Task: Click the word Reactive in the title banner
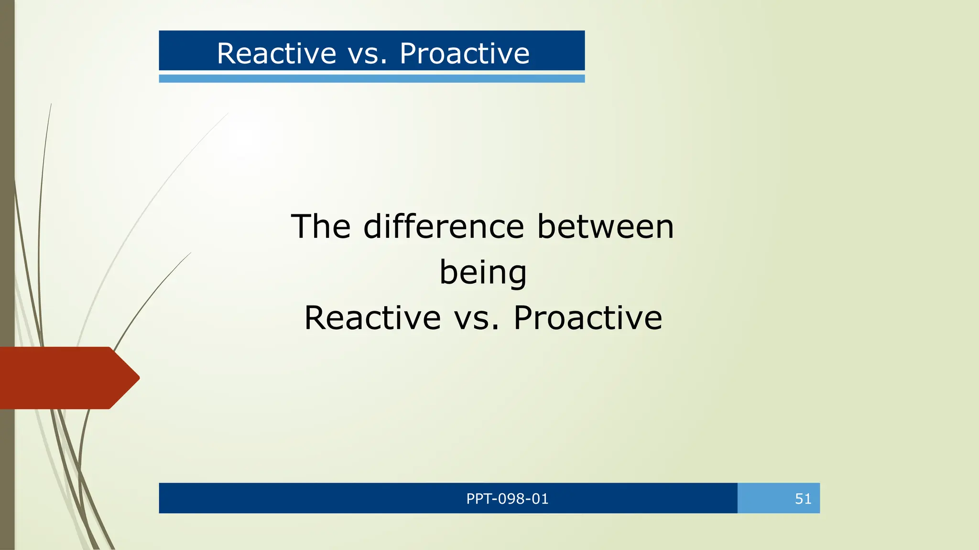pyautogui.click(x=277, y=53)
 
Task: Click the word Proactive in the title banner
pyautogui.click(x=465, y=53)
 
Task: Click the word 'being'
pyautogui.click(x=483, y=273)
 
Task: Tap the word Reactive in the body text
pyautogui.click(x=372, y=318)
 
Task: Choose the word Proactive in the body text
pyautogui.click(x=588, y=318)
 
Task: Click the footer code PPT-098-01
pyautogui.click(x=507, y=499)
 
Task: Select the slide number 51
pyautogui.click(x=803, y=499)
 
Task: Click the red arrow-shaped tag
pyautogui.click(x=62, y=378)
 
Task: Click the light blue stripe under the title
pyautogui.click(x=371, y=79)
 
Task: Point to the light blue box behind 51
pyautogui.click(x=765, y=498)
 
